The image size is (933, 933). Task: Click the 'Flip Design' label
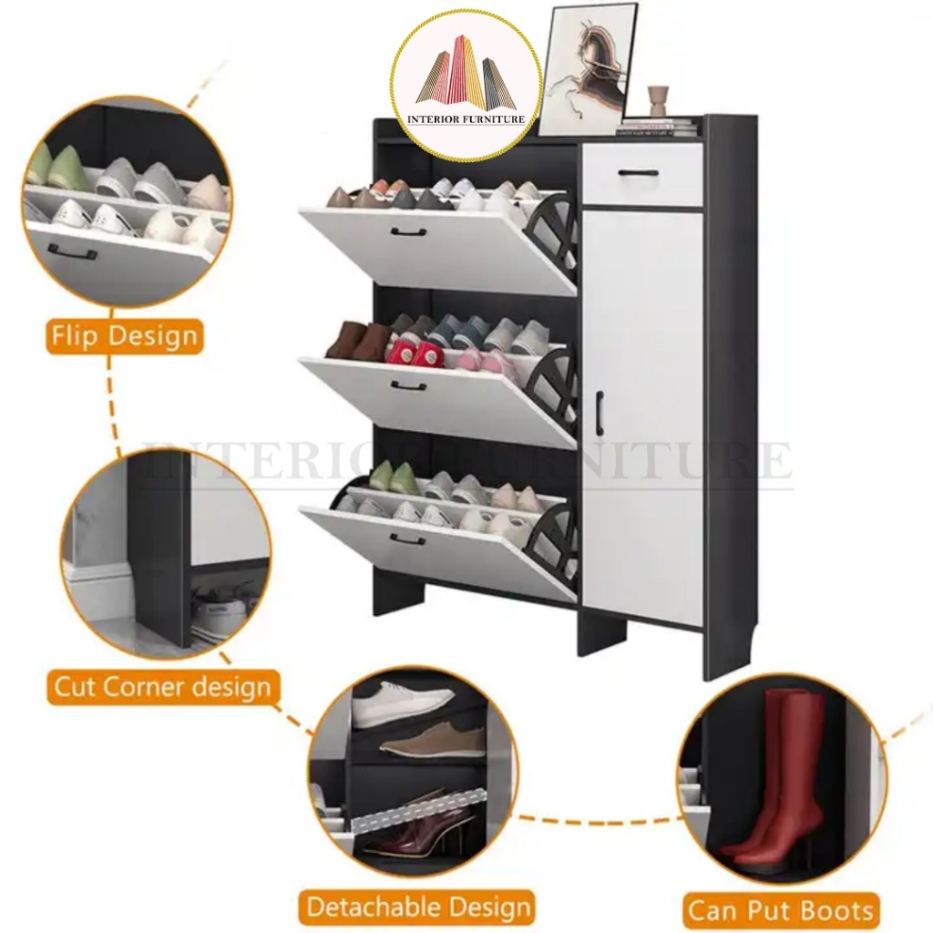pos(124,336)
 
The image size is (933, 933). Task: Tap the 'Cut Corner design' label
pos(162,687)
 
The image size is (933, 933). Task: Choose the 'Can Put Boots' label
pos(781,910)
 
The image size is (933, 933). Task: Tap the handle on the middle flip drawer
pos(409,386)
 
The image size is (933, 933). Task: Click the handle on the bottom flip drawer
pos(407,539)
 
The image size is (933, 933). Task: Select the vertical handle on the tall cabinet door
pos(600,411)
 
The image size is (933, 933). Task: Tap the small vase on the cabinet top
pos(658,103)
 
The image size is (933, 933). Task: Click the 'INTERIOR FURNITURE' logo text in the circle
pos(466,119)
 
